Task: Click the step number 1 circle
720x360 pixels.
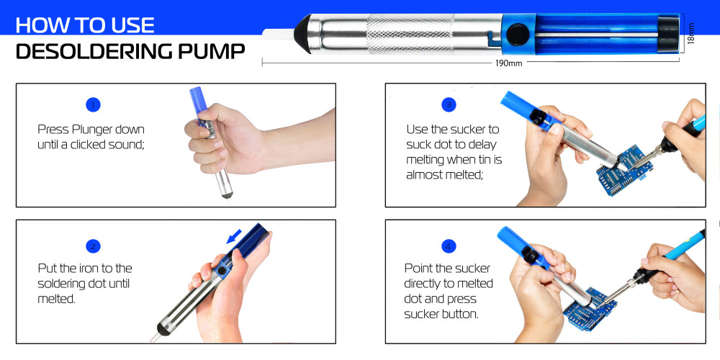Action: [x=92, y=104]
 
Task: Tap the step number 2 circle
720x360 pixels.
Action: [x=92, y=246]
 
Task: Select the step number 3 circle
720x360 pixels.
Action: [x=450, y=104]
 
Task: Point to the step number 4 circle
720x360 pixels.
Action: [x=450, y=246]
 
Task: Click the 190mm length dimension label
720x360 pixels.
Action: [x=508, y=63]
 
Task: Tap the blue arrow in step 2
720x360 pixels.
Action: [x=233, y=237]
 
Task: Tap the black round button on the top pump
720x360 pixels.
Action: [x=515, y=34]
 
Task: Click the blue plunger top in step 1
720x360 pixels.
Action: [x=196, y=101]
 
